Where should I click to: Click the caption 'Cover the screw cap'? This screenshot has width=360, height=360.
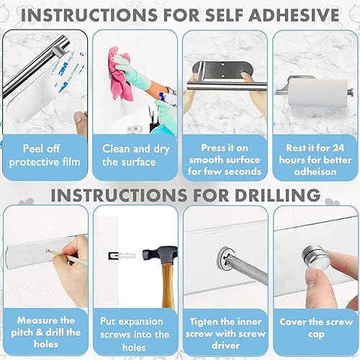coord(315,328)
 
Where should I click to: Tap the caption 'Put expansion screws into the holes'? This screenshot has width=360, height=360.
coord(134,334)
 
